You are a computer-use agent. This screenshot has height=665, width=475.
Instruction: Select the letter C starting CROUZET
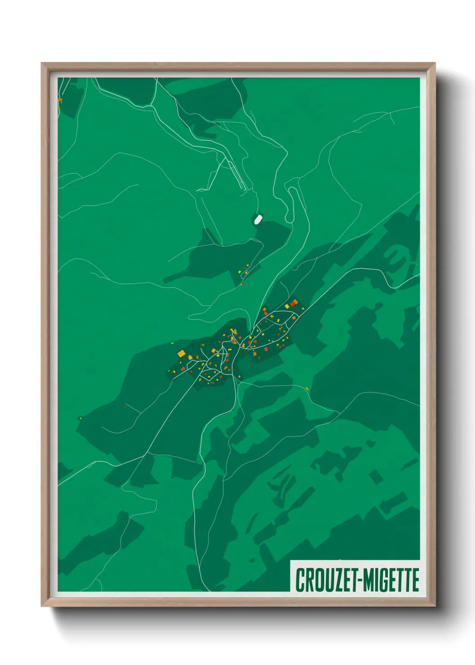point(299,580)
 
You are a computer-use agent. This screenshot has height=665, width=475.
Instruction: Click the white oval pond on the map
point(258,219)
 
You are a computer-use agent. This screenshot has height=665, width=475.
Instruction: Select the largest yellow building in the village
point(181,354)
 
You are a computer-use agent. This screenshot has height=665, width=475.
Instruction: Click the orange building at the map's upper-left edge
point(60,100)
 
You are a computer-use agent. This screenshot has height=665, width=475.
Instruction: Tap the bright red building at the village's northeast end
point(294,302)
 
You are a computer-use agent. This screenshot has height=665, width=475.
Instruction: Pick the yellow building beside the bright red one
point(287,306)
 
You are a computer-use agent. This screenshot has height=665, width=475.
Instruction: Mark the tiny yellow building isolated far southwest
point(80,418)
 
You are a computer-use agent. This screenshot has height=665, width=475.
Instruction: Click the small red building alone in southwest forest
point(126,407)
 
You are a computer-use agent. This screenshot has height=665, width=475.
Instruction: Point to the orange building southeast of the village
point(307,389)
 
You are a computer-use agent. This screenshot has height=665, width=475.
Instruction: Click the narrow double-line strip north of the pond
point(237,175)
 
